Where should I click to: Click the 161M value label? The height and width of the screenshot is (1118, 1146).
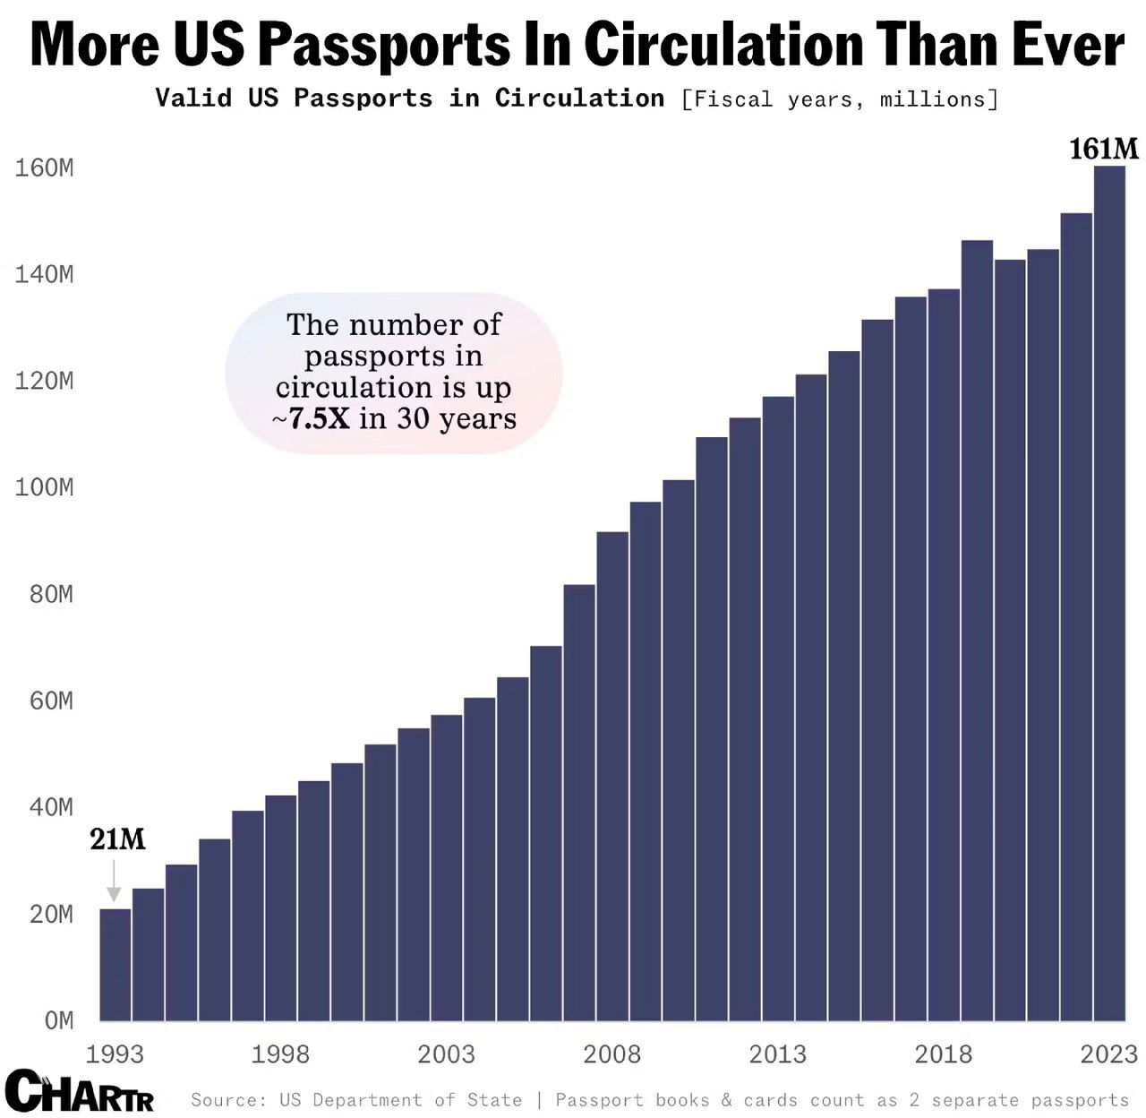[x=1103, y=149]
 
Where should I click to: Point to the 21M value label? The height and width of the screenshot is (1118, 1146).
[x=117, y=839]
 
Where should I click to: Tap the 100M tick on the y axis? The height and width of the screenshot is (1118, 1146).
[x=44, y=487]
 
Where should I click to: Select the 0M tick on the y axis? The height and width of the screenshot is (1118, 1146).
[x=59, y=1020]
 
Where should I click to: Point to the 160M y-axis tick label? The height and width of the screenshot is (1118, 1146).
[x=44, y=168]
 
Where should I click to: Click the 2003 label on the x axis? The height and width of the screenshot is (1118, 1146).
[x=446, y=1054]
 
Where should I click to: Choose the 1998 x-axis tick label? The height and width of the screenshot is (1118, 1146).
[x=280, y=1054]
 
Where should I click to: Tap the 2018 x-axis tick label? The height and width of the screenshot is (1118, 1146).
[x=944, y=1054]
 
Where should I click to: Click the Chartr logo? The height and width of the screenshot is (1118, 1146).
[x=80, y=1091]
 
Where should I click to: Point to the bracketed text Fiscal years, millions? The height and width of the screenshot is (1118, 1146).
[x=839, y=99]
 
